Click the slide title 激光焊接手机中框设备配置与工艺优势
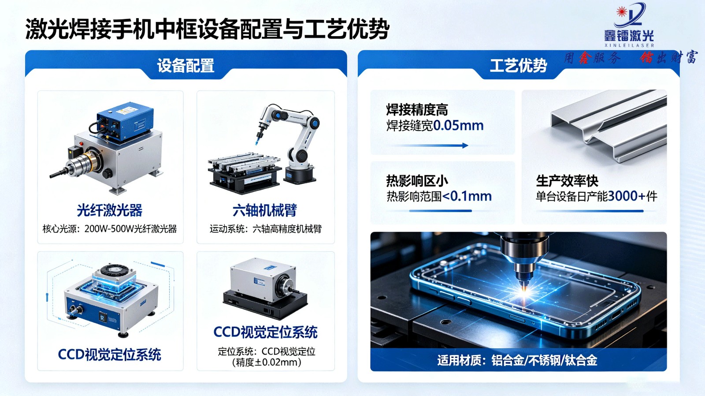(x=207, y=29)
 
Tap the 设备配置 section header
(x=186, y=66)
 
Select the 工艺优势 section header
(x=518, y=66)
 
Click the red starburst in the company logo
(x=622, y=12)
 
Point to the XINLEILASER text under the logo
(x=629, y=45)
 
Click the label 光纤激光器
(x=110, y=210)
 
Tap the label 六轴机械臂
(x=265, y=210)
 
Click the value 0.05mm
(x=458, y=126)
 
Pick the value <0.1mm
(x=467, y=196)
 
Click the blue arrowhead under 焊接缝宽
(x=465, y=145)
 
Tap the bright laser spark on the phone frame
(x=524, y=291)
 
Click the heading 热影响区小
(x=417, y=181)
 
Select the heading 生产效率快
(x=567, y=181)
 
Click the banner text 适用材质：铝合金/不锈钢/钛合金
(x=517, y=360)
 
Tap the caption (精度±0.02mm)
(x=266, y=362)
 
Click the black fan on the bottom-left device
(x=114, y=271)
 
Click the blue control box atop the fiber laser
(x=125, y=121)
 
